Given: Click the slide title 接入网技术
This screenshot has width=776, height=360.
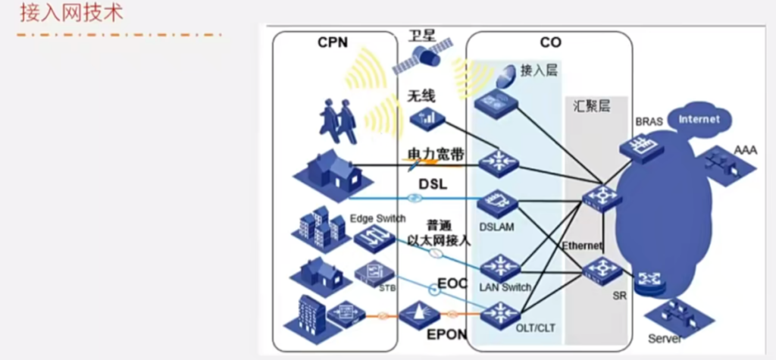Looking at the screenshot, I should click(70, 13).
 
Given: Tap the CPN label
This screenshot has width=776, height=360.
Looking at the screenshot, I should click(332, 42).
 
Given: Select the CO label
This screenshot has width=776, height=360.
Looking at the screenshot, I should click(550, 42).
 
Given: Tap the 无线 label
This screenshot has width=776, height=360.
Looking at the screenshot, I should click(421, 95).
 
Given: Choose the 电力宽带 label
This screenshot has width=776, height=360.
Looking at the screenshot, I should click(436, 155).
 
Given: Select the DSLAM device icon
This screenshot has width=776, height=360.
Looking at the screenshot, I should click(498, 203).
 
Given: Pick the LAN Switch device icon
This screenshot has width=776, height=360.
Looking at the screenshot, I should click(500, 266).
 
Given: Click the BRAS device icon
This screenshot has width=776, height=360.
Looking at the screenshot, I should click(637, 145).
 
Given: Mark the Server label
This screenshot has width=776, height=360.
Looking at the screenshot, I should click(665, 338).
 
